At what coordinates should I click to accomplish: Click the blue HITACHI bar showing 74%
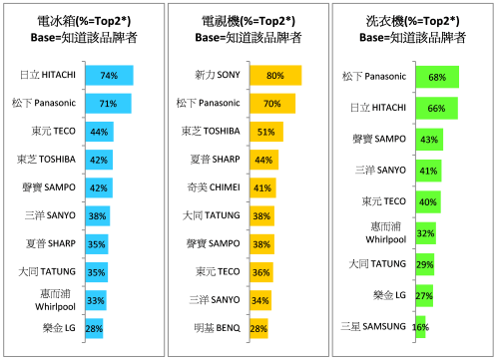pos(109,76)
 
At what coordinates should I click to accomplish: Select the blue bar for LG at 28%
pos(95,328)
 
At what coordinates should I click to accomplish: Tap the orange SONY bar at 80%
pos(275,76)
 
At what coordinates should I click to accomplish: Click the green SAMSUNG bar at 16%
pos(420,326)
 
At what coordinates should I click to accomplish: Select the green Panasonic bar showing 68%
pos(436,76)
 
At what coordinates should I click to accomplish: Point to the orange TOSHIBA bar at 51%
pos(265,132)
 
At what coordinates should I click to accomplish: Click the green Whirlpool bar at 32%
pos(426,233)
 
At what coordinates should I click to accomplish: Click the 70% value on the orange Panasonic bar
pos(271,104)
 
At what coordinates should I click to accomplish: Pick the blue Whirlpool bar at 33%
pos(96,299)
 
